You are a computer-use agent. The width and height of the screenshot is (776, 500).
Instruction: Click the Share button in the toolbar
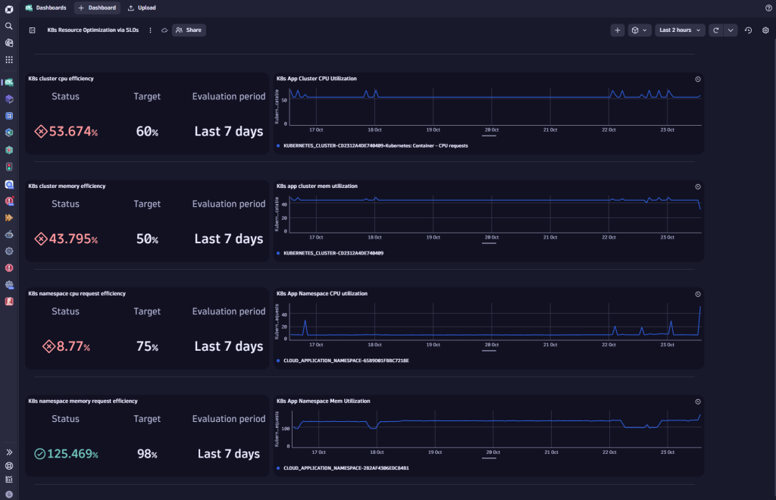pyautogui.click(x=189, y=30)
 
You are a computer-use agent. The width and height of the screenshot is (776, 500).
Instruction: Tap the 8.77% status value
pyautogui.click(x=69, y=347)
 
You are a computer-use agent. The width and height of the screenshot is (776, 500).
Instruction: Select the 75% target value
pyautogui.click(x=147, y=347)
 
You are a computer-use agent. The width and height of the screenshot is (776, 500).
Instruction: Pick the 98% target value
pyautogui.click(x=147, y=455)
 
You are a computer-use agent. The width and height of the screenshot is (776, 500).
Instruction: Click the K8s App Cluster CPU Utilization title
pyautogui.click(x=317, y=78)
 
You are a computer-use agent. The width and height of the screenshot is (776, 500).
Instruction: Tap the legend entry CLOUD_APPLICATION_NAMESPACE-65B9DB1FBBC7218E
pyautogui.click(x=346, y=361)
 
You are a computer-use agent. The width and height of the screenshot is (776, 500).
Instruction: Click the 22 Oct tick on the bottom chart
pyautogui.click(x=609, y=452)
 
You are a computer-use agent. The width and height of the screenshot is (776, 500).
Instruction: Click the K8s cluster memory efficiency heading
pyautogui.click(x=67, y=186)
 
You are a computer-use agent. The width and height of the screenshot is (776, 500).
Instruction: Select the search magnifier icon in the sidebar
pyautogui.click(x=9, y=26)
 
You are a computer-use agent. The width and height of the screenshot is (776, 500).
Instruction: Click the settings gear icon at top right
pyautogui.click(x=765, y=30)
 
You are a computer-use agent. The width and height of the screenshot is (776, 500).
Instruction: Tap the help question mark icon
pyautogui.click(x=768, y=8)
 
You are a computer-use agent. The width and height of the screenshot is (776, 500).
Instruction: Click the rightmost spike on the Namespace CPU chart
pyautogui.click(x=699, y=308)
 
